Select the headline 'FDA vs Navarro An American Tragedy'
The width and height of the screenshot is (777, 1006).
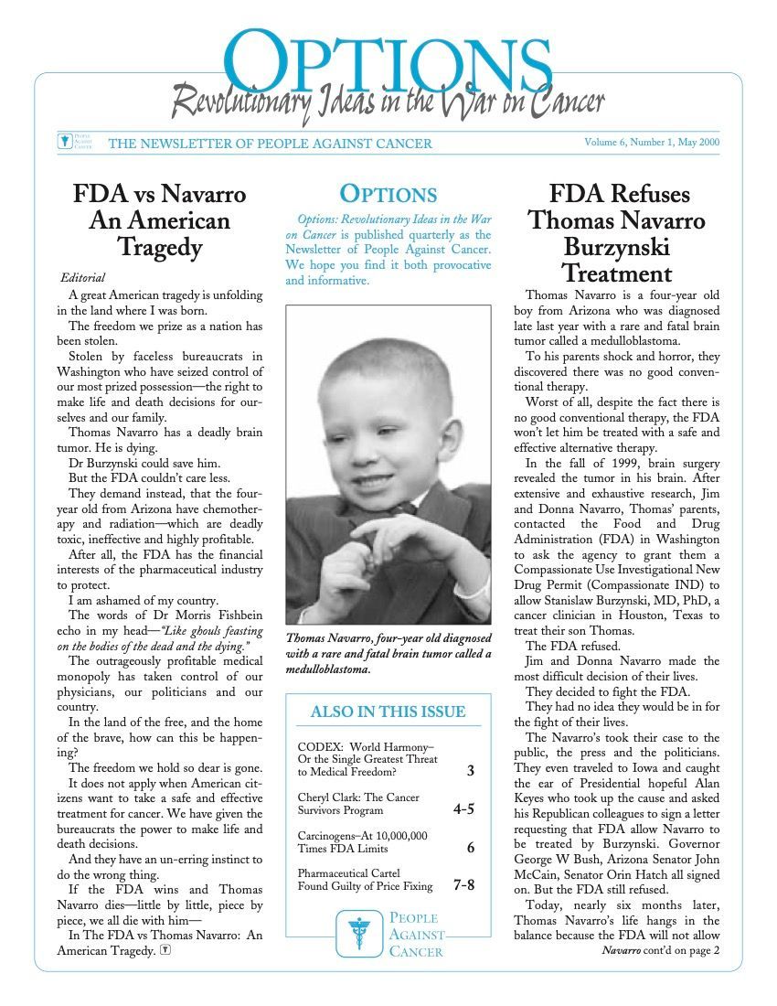tap(160, 220)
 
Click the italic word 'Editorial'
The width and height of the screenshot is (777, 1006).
tap(83, 277)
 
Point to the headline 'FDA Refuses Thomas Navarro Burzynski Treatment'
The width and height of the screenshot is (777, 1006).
tap(619, 233)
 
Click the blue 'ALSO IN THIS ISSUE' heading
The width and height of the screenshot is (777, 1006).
tap(388, 712)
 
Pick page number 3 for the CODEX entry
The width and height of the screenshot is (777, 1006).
tap(470, 771)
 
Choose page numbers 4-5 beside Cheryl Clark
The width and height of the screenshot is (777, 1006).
tap(463, 809)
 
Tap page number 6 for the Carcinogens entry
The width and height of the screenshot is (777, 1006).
tap(470, 848)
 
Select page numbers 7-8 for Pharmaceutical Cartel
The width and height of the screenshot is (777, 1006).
tap(463, 885)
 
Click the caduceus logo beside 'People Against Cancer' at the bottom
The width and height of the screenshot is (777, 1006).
tap(358, 932)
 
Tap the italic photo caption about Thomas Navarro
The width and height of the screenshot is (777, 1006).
tap(388, 653)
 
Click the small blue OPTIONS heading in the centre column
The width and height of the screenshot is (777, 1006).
tap(388, 194)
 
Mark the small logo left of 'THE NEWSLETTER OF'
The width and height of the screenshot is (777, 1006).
tap(64, 142)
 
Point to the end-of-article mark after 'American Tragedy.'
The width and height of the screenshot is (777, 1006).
tap(165, 950)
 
